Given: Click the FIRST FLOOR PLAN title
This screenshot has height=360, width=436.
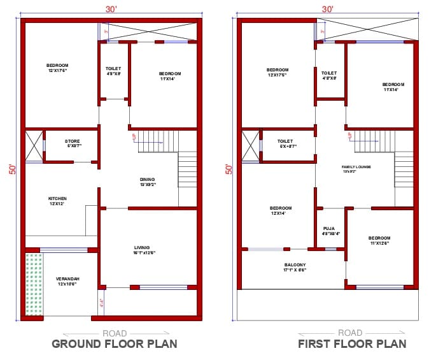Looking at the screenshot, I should click(x=352, y=344).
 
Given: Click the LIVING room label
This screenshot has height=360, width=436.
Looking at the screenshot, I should click(x=142, y=248).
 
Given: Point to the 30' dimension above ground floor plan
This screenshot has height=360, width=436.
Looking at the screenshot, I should click(x=110, y=9).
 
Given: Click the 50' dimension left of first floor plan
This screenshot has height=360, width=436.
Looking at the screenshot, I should click(x=229, y=169).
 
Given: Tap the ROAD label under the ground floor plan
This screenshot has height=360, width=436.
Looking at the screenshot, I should click(x=115, y=333).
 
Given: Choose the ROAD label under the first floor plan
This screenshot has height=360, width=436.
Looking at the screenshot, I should click(x=350, y=333).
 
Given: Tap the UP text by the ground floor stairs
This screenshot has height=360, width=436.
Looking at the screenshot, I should click(x=134, y=136).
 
